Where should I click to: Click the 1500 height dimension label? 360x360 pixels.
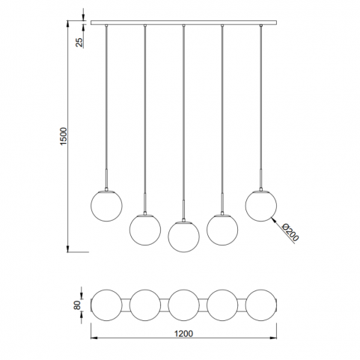tap(64, 136)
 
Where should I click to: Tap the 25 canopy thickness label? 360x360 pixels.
tap(79, 43)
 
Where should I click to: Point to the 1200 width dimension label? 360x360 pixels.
tap(183, 334)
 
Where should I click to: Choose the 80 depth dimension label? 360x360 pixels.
tap(78, 305)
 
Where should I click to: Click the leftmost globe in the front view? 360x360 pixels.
tap(106, 206)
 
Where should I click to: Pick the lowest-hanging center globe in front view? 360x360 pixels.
tap(183, 236)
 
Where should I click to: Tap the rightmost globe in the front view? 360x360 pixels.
tap(261, 206)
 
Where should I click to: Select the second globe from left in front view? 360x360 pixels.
tap(145, 229)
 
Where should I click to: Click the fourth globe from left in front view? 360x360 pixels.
tap(222, 229)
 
